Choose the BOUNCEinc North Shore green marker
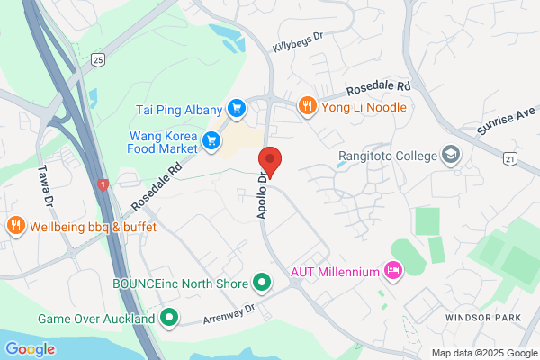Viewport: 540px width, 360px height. pos(262,283)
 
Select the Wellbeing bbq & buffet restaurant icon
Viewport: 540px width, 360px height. pos(14,225)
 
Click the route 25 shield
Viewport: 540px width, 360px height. pos(98,59)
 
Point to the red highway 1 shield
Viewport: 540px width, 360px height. pos(103,184)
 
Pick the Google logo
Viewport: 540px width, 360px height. pos(30,349)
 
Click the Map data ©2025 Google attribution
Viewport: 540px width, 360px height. pos(482,352)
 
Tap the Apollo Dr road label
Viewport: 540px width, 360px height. pos(261,193)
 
